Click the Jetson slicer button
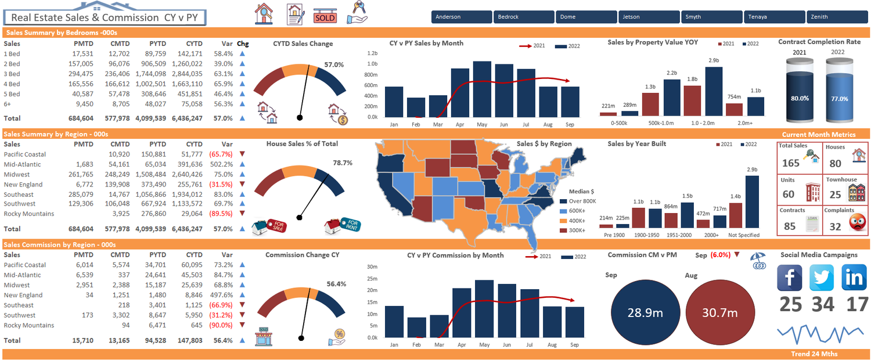(649, 17)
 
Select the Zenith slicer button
(837, 17)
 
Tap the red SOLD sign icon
(325, 17)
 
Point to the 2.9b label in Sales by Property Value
(714, 60)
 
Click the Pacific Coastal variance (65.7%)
(221, 154)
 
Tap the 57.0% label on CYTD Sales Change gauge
(334, 64)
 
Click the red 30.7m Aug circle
(719, 312)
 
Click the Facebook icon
(790, 278)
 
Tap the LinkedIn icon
(854, 278)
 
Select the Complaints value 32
(835, 226)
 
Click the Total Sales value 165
(790, 163)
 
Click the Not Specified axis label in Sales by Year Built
(744, 235)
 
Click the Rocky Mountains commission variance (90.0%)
(221, 325)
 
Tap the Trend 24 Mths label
(814, 354)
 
